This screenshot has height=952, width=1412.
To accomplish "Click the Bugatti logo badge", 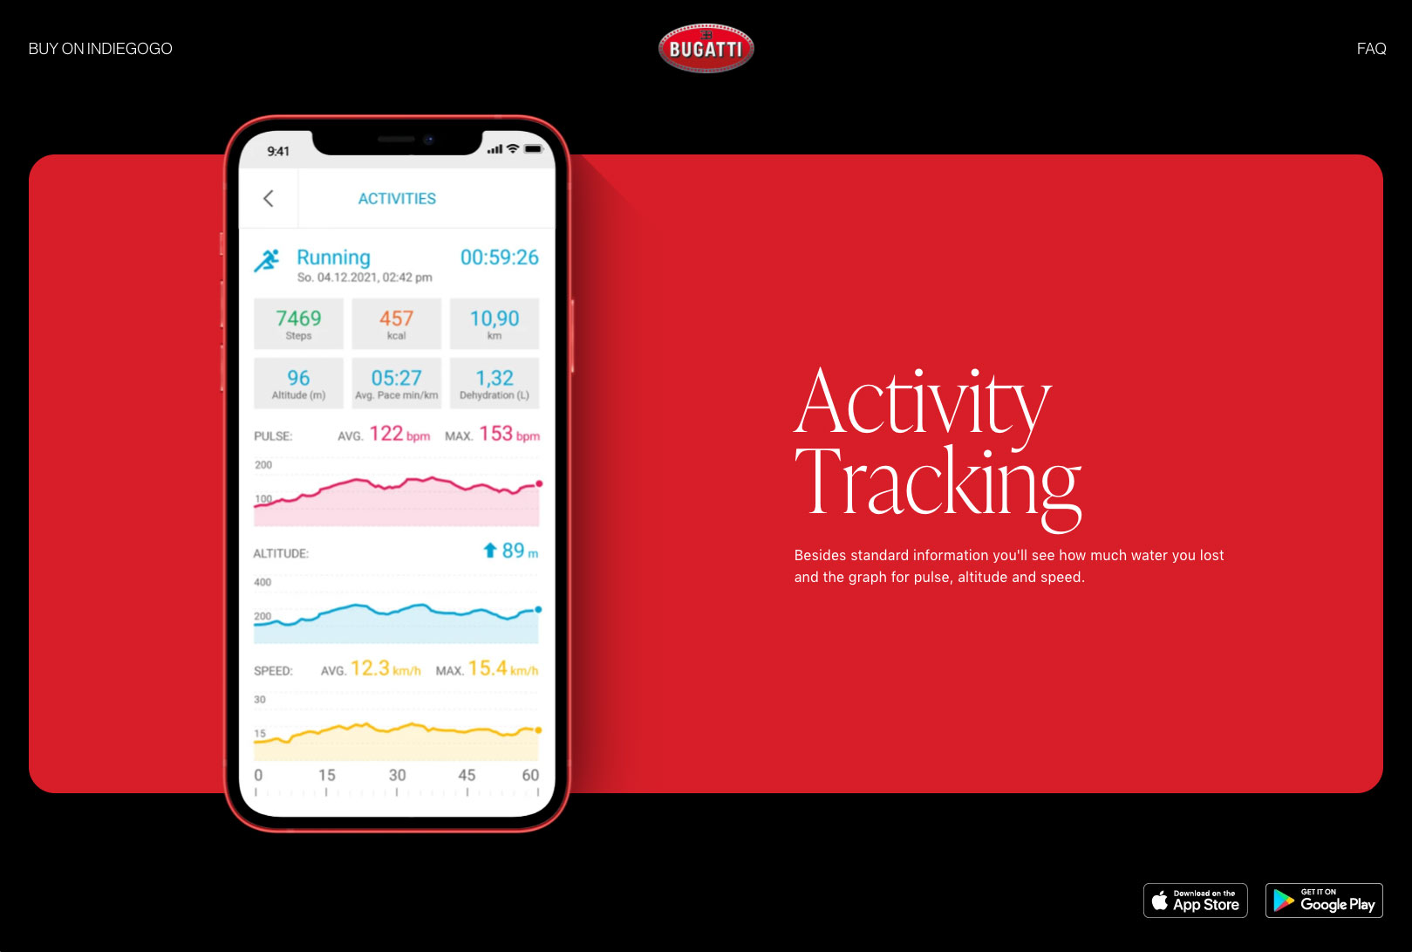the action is [706, 48].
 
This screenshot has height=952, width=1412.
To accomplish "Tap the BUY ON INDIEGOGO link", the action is [100, 49].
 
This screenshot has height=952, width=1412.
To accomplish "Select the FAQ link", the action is [1371, 49].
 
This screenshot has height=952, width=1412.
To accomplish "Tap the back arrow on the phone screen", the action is [269, 199].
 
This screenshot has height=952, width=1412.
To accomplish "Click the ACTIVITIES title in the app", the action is [397, 199].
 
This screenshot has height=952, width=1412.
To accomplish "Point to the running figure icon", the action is [267, 260].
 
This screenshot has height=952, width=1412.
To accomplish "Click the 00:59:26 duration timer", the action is [499, 257].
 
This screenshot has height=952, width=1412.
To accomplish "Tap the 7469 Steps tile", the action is [298, 324].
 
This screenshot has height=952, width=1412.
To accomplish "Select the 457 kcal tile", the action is [397, 324].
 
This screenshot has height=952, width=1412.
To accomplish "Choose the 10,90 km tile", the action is [495, 324].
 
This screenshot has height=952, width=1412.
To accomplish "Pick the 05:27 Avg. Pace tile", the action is [397, 383].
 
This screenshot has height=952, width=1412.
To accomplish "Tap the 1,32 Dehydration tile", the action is [495, 383].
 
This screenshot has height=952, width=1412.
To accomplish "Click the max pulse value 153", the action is [495, 434].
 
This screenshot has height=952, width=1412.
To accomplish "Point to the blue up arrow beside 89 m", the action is [490, 550].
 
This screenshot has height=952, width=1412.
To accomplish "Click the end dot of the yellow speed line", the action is [538, 730].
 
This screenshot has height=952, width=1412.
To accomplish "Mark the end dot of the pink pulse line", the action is [539, 484].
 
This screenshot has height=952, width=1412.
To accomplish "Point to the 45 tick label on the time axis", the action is [467, 775].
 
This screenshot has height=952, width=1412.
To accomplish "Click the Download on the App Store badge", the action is [1195, 901].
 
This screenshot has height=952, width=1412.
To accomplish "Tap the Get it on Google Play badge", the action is [1324, 901].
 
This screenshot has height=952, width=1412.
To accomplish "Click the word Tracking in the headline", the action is [938, 484].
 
